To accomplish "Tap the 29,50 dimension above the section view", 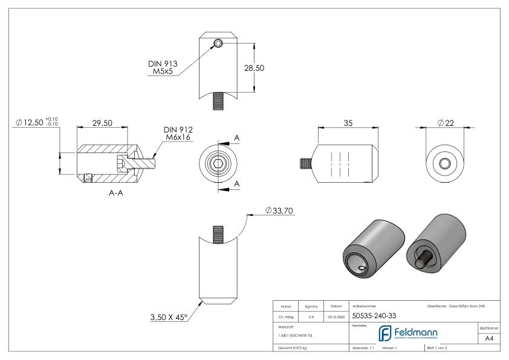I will point(102,122).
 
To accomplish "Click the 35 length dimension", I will point(348,122).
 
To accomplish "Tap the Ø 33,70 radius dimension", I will point(279,211).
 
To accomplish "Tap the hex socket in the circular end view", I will point(217,164).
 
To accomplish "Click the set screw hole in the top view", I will point(218,43).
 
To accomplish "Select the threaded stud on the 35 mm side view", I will point(306,164).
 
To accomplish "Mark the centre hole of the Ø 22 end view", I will point(445,164).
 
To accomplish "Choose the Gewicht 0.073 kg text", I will point(293,348).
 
